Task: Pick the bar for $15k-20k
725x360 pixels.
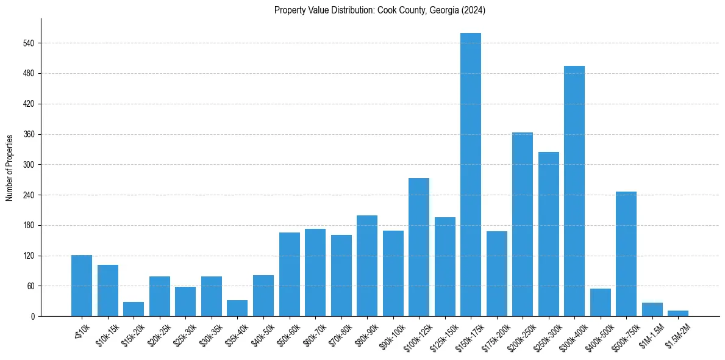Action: click(x=134, y=309)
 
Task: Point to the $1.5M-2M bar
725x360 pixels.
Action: click(x=678, y=314)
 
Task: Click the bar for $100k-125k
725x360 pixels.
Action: click(x=419, y=247)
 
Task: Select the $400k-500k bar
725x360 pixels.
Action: click(x=601, y=303)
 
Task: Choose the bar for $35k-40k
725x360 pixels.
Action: click(x=237, y=308)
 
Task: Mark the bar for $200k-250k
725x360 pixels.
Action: click(x=523, y=225)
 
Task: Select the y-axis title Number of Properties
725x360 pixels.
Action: click(x=9, y=168)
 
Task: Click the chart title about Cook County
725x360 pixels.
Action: click(x=380, y=10)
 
